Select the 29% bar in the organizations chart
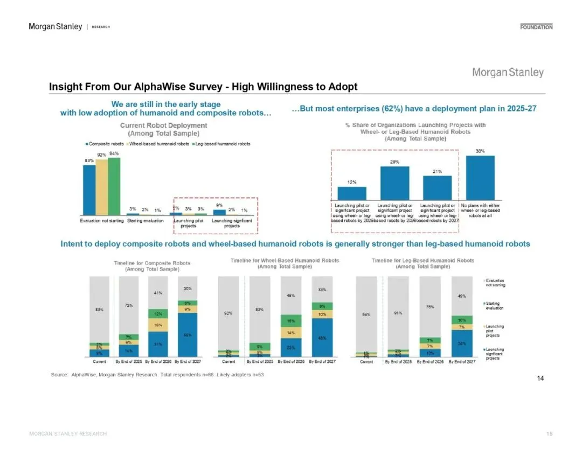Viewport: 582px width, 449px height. click(x=394, y=183)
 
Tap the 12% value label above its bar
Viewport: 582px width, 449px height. click(x=351, y=182)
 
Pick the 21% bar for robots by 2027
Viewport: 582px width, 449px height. click(x=437, y=187)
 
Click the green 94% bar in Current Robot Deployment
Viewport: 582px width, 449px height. click(x=114, y=186)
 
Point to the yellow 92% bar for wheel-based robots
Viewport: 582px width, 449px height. click(x=101, y=187)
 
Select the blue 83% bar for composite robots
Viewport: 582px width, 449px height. click(x=89, y=190)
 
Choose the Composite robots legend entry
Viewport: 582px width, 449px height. click(x=106, y=144)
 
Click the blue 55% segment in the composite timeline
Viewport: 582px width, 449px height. click(x=188, y=335)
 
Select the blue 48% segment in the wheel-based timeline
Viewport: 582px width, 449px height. click(x=322, y=338)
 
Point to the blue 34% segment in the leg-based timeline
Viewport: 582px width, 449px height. click(x=461, y=343)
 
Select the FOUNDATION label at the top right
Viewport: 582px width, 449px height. click(x=536, y=27)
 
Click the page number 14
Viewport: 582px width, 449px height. click(x=541, y=378)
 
